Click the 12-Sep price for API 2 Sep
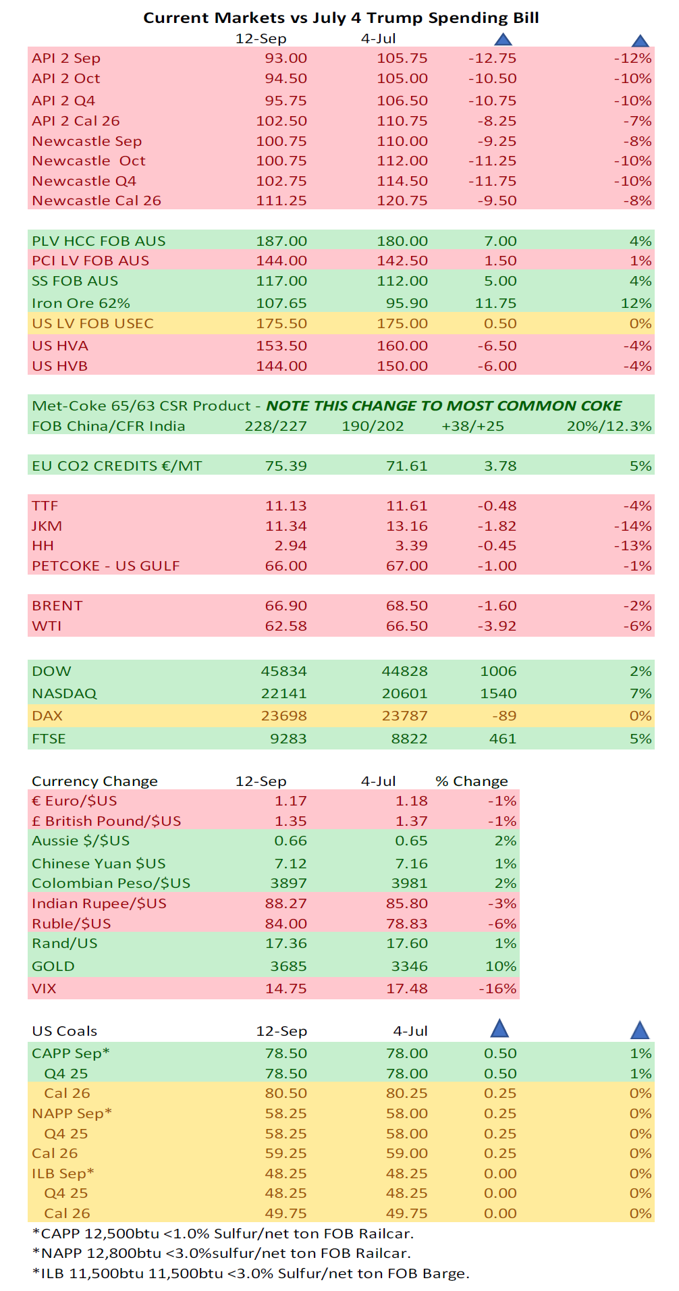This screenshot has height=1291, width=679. [x=286, y=59]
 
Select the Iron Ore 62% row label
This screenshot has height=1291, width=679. [x=81, y=303]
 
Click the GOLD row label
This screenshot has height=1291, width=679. [x=53, y=966]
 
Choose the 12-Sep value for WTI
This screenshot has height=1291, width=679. [x=286, y=626]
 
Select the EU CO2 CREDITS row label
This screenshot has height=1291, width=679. [x=117, y=466]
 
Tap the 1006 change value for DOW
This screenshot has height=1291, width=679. [x=498, y=671]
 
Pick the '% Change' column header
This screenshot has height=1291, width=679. [x=472, y=781]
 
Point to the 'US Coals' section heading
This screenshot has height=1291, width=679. [x=65, y=1031]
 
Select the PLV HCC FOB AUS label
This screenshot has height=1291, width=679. [x=99, y=241]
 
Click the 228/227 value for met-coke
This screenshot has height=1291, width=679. [x=275, y=426]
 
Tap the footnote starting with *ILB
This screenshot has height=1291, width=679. [x=250, y=1273]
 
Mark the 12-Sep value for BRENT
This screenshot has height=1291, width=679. [x=286, y=606]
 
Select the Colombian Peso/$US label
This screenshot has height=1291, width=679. [x=111, y=883]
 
